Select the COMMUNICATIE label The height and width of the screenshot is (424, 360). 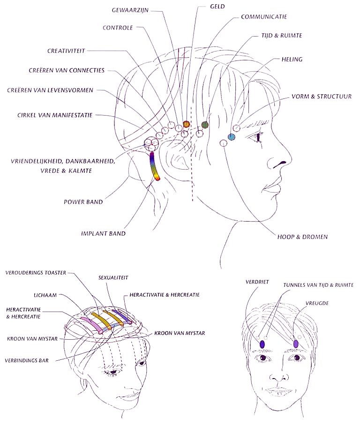[x=264, y=16]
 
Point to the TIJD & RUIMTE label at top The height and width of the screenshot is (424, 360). [x=281, y=36]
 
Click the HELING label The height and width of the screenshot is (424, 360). [x=292, y=60]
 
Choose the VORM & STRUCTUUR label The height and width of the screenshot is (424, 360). [x=322, y=97]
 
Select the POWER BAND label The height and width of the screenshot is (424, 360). [x=83, y=202]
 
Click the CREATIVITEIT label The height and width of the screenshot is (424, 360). [x=68, y=50]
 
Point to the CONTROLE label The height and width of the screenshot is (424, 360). [x=118, y=28]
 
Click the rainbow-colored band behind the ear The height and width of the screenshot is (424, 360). [x=156, y=166]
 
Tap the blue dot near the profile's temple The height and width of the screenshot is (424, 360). [x=231, y=137]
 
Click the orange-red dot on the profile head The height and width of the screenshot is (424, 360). [x=186, y=125]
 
